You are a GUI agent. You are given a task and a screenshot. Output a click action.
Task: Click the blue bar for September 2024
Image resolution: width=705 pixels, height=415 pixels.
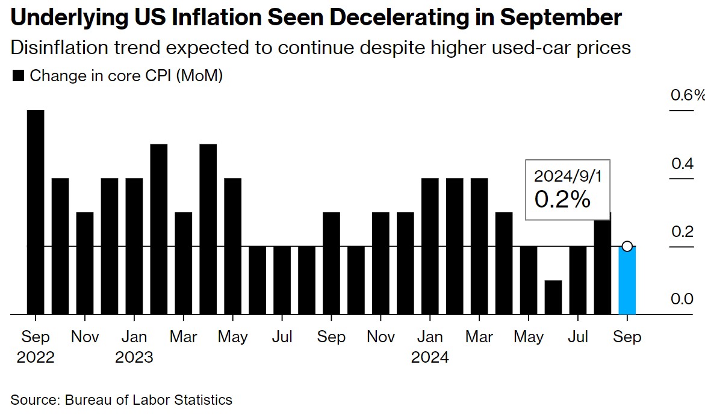627,281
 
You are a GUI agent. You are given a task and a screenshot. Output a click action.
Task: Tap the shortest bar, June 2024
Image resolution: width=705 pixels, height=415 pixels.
553,297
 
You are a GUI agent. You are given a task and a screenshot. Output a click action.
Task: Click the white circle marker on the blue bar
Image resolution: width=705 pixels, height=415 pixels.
627,246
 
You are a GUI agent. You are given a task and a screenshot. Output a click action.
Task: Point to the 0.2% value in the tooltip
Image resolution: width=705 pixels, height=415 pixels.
562,200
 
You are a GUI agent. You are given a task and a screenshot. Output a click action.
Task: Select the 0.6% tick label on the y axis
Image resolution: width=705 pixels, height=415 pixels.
687,96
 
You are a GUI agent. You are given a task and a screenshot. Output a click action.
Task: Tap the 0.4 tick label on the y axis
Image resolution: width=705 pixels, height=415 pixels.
682,163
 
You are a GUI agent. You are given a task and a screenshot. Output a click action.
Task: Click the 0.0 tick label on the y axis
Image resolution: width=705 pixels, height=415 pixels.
682,299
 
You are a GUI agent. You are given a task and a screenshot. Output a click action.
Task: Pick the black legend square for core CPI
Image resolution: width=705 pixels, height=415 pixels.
18,76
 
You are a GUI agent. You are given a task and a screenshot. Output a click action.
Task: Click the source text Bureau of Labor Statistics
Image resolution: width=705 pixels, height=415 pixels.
148,399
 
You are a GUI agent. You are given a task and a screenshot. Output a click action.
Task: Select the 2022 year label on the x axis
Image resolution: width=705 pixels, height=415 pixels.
36,357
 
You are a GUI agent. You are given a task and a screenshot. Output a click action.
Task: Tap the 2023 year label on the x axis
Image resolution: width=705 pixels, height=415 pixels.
134,357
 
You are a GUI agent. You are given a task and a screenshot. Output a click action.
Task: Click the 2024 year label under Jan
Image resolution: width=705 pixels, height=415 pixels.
430,357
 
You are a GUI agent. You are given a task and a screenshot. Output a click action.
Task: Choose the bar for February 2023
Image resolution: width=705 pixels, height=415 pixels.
158,229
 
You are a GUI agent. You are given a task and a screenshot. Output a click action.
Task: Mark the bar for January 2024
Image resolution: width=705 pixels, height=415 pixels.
430,246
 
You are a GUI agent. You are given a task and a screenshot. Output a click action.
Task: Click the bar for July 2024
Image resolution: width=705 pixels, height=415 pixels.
578,280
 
